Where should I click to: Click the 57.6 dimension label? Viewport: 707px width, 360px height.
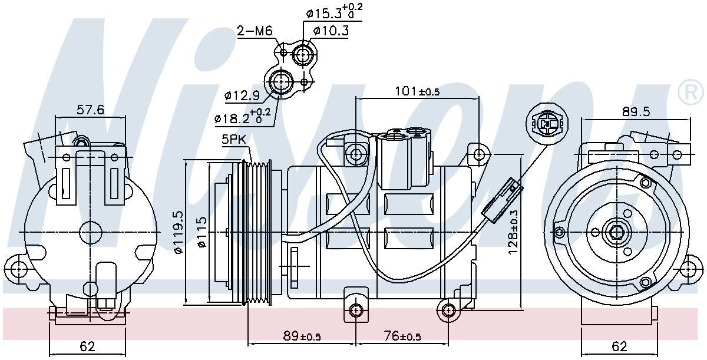[90, 110]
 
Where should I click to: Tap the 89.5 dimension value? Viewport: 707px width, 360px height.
[636, 111]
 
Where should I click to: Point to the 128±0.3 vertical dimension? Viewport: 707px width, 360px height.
[514, 233]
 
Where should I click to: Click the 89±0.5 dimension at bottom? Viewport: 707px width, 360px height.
[302, 336]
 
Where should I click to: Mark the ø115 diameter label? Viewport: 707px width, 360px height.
[201, 234]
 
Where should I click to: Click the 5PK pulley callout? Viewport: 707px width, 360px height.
[234, 140]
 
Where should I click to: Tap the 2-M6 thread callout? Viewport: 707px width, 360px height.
[255, 31]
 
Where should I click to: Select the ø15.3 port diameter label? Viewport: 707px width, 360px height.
[333, 12]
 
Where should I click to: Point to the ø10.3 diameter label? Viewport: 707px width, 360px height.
[331, 31]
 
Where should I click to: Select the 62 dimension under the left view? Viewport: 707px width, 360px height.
[87, 346]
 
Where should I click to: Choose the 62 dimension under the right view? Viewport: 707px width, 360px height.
[619, 346]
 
